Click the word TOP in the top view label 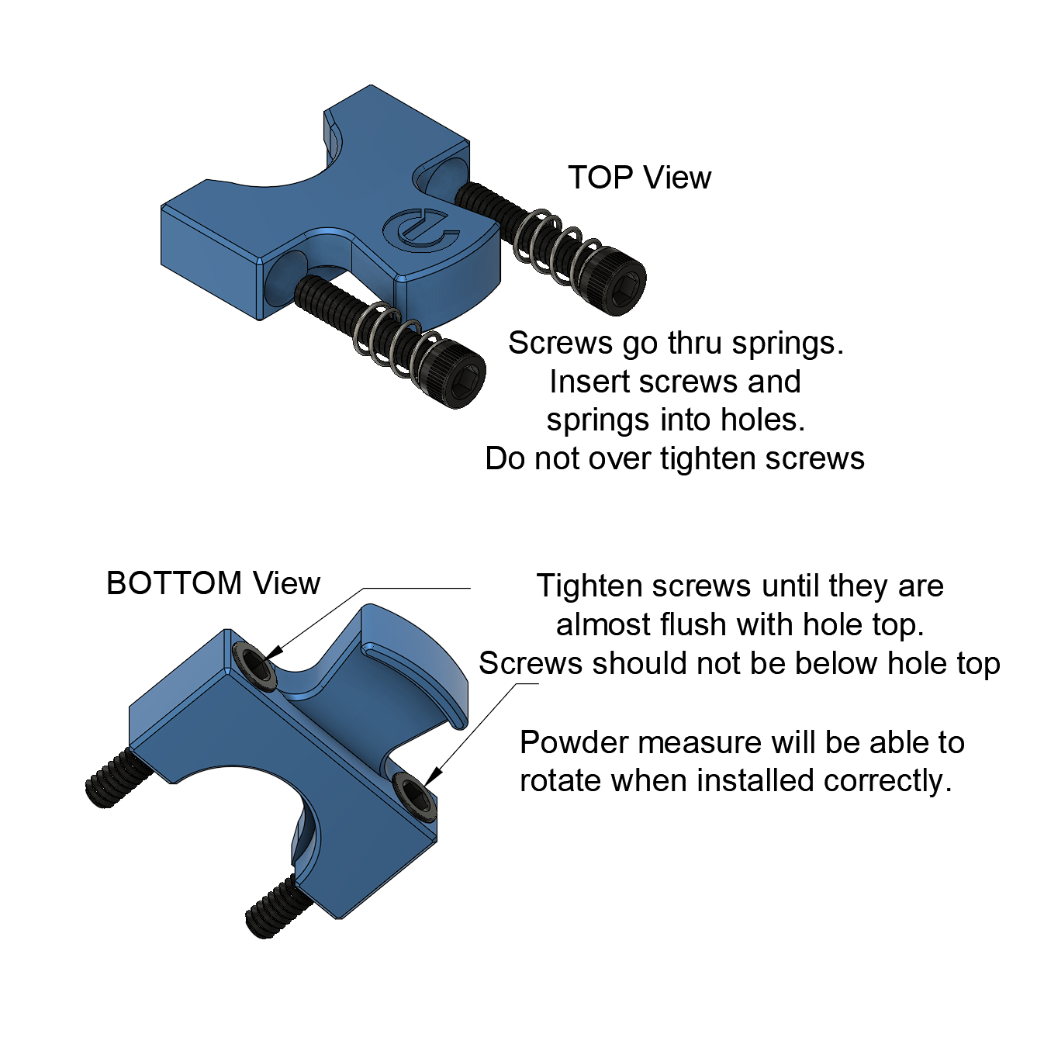[x=600, y=178]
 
